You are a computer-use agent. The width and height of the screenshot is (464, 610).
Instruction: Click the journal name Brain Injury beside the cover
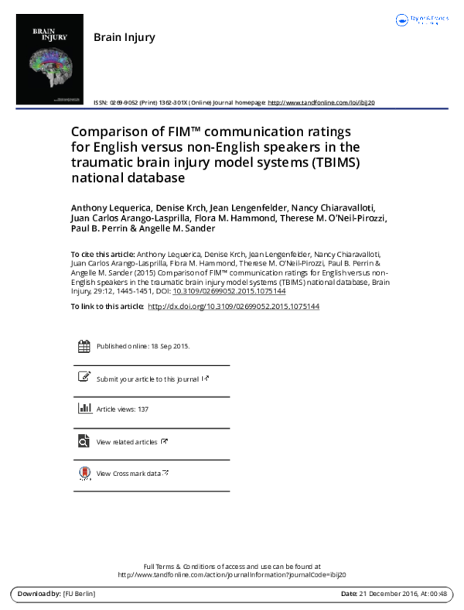(x=124, y=37)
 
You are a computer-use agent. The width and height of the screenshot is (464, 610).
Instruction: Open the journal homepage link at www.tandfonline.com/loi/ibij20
(x=320, y=102)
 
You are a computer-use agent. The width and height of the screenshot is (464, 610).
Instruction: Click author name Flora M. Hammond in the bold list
(x=253, y=218)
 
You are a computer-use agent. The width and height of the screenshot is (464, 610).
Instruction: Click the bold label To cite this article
(x=103, y=254)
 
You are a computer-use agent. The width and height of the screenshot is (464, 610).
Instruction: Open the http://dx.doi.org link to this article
(x=233, y=307)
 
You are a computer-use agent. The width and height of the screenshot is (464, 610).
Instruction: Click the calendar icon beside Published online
(x=84, y=346)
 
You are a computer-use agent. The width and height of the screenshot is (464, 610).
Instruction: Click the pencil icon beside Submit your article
(x=84, y=378)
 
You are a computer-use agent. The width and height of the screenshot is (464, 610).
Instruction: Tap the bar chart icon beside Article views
(x=84, y=409)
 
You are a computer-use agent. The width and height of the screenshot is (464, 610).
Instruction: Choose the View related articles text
(x=127, y=442)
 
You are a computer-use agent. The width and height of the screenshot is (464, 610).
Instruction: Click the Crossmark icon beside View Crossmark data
(x=84, y=473)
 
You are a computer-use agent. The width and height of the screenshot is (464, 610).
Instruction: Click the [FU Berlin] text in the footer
(x=80, y=594)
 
